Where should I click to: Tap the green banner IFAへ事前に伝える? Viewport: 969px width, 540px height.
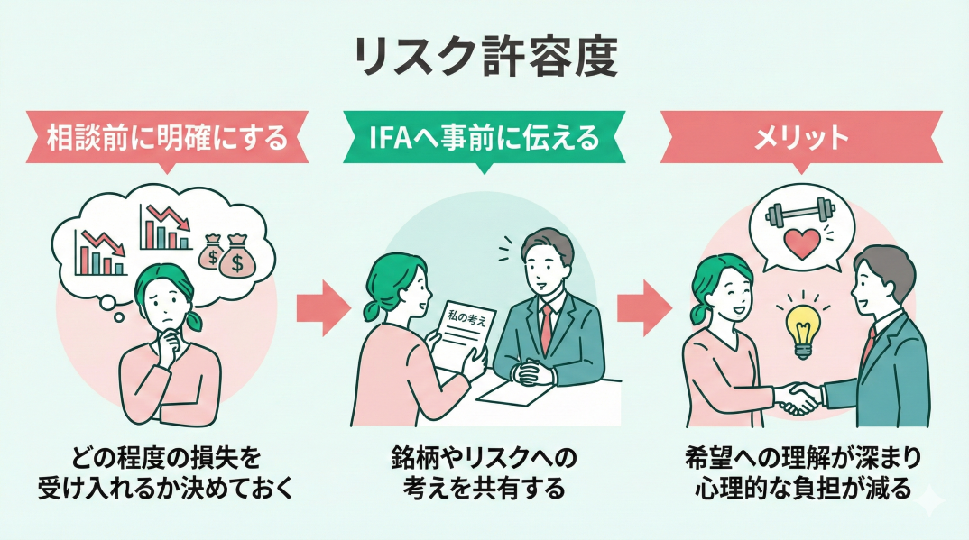pyautogui.click(x=484, y=137)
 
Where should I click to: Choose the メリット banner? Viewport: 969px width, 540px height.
pyautogui.click(x=801, y=137)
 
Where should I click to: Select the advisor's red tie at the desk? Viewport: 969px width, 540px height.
pyautogui.click(x=547, y=325)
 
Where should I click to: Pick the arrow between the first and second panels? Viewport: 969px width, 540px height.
pyautogui.click(x=322, y=307)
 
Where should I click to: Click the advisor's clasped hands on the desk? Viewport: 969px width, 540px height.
pyautogui.click(x=528, y=371)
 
